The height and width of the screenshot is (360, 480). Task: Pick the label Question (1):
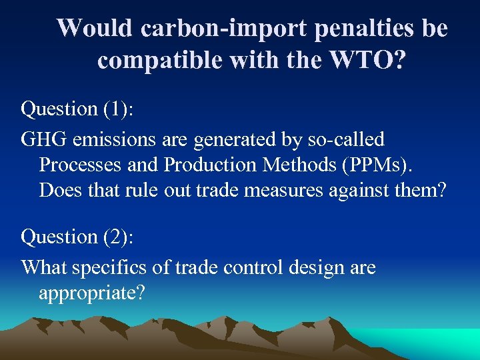point(77,109)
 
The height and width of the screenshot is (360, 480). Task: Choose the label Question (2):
point(77,237)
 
